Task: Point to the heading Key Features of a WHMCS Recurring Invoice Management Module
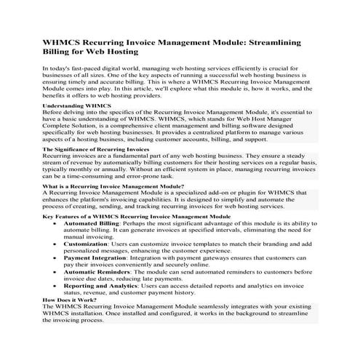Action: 137,217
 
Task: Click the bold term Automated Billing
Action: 93,224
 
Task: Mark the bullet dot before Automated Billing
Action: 57,224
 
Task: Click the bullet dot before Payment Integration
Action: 57,258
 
